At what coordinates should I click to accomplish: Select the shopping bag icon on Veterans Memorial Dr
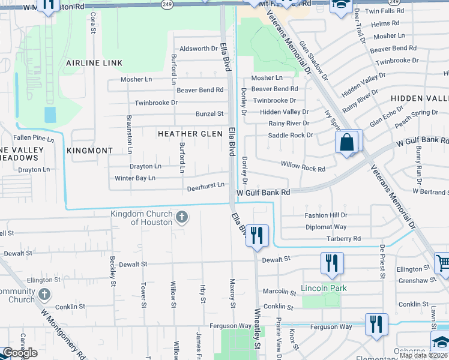pos(348,143)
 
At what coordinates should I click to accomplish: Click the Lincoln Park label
pos(324,289)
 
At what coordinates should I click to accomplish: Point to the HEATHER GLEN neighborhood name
pos(190,134)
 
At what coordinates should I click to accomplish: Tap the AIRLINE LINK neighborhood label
pos(94,63)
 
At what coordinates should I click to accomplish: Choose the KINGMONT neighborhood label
pos(90,151)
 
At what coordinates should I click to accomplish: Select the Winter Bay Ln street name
pos(135,178)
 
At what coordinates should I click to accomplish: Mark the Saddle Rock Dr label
pos(291,135)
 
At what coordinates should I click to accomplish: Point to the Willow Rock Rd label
pos(303,169)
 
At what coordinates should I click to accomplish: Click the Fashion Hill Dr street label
pos(326,215)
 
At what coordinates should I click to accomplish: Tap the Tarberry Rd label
pos(343,238)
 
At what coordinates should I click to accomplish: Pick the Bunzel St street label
pos(209,113)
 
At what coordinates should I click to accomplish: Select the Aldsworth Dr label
pos(198,49)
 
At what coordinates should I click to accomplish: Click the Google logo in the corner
pos(20,353)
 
